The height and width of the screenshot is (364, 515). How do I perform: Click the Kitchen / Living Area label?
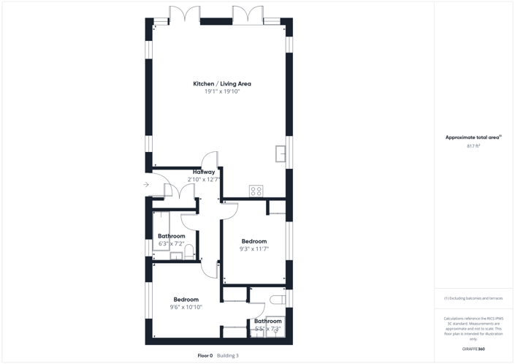[x=221, y=84]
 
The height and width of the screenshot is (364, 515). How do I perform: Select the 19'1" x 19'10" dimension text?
[x=221, y=92]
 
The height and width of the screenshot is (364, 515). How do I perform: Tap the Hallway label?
[x=204, y=172]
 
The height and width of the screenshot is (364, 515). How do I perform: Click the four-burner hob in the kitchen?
[x=256, y=191]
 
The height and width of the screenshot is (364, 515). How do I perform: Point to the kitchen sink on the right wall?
[x=281, y=153]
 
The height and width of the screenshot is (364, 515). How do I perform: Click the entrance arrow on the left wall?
[x=146, y=185]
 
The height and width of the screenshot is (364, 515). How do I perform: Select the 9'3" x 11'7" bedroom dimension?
[x=254, y=249]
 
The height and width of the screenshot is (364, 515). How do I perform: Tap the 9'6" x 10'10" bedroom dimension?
[x=186, y=307]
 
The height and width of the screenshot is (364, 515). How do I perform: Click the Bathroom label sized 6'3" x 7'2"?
[x=172, y=236]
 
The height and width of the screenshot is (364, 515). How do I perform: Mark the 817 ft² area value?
[x=473, y=146]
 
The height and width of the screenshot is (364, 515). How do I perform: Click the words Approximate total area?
[x=473, y=137]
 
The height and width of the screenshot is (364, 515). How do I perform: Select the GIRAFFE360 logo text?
[x=473, y=349]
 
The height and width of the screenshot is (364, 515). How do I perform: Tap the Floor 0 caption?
[x=205, y=356]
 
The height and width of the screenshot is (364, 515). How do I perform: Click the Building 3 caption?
[x=228, y=356]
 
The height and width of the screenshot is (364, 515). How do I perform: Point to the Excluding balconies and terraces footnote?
[x=473, y=298]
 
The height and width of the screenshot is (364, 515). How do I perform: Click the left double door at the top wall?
[x=185, y=15]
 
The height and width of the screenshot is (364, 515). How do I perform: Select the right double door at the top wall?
[x=248, y=15]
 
